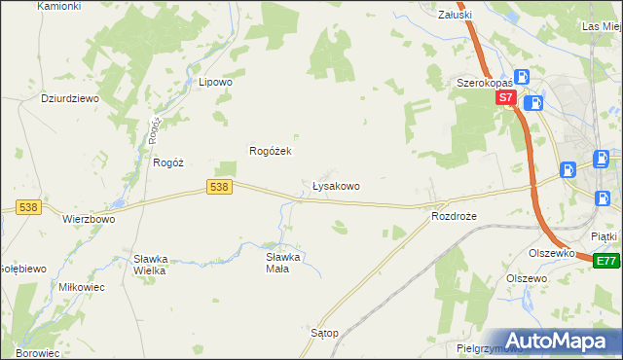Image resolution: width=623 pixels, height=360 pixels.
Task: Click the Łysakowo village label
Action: pyautogui.click(x=336, y=185)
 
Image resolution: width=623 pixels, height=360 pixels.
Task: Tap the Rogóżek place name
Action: pyautogui.click(x=272, y=151)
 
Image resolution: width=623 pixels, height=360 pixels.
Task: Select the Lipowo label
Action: pyautogui.click(x=215, y=83)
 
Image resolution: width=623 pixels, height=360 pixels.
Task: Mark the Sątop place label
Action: pyautogui.click(x=324, y=333)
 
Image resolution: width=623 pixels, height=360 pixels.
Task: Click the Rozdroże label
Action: pyautogui.click(x=454, y=216)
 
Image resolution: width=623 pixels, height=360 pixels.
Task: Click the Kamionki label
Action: pyautogui.click(x=59, y=6)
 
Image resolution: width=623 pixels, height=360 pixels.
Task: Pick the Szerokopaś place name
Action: pyautogui.click(x=485, y=84)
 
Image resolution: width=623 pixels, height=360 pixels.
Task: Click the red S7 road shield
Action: pyautogui.click(x=504, y=98)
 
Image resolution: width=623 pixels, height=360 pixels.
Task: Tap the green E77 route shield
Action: pyautogui.click(x=605, y=261)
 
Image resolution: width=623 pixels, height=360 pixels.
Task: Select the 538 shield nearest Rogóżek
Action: pyautogui.click(x=220, y=186)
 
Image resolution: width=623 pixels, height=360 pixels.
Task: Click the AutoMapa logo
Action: pyautogui.click(x=556, y=340)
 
